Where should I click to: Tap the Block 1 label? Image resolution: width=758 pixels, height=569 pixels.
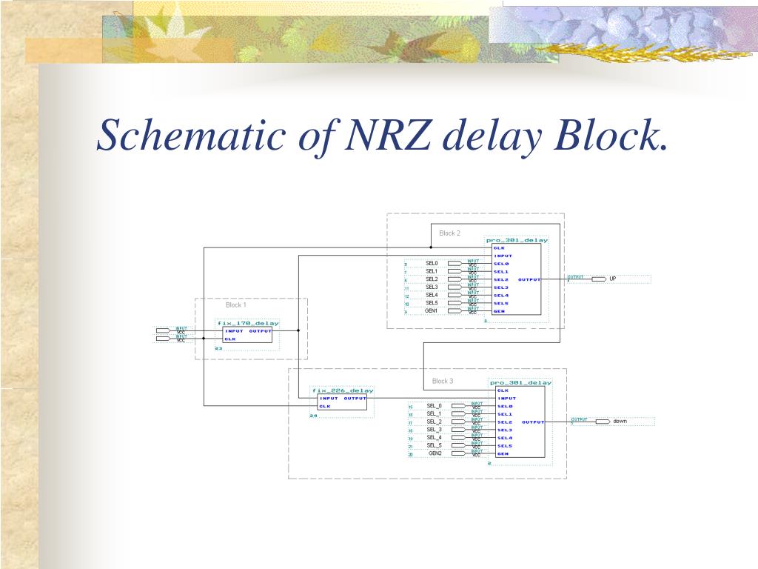click(236, 305)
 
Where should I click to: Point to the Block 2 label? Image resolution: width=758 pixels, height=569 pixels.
click(449, 233)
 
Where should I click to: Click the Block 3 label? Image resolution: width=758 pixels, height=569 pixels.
click(443, 382)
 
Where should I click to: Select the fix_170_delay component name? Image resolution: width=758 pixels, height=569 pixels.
click(248, 323)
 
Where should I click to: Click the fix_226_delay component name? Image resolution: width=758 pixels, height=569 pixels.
click(343, 390)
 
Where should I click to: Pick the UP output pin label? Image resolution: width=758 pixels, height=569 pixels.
click(613, 279)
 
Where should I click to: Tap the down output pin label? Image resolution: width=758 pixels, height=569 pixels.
click(620, 421)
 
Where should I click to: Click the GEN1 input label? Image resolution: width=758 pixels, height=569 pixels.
click(432, 311)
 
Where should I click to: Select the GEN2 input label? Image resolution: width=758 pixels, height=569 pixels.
click(435, 453)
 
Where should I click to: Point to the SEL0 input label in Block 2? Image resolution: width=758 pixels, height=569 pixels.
click(432, 263)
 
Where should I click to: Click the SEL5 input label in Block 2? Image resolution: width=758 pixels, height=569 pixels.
click(432, 303)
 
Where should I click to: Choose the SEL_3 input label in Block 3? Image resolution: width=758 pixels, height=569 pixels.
click(434, 430)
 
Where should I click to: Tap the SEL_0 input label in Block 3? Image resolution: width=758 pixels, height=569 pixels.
click(434, 406)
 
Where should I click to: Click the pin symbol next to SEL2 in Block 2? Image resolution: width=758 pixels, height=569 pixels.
click(455, 279)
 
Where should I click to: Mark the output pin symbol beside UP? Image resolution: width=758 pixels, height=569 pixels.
click(599, 279)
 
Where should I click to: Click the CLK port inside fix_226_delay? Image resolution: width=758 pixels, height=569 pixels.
click(324, 406)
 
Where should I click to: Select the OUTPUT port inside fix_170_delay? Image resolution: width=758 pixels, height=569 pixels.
click(260, 331)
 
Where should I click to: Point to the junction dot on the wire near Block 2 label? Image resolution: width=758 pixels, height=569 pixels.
click(431, 247)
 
